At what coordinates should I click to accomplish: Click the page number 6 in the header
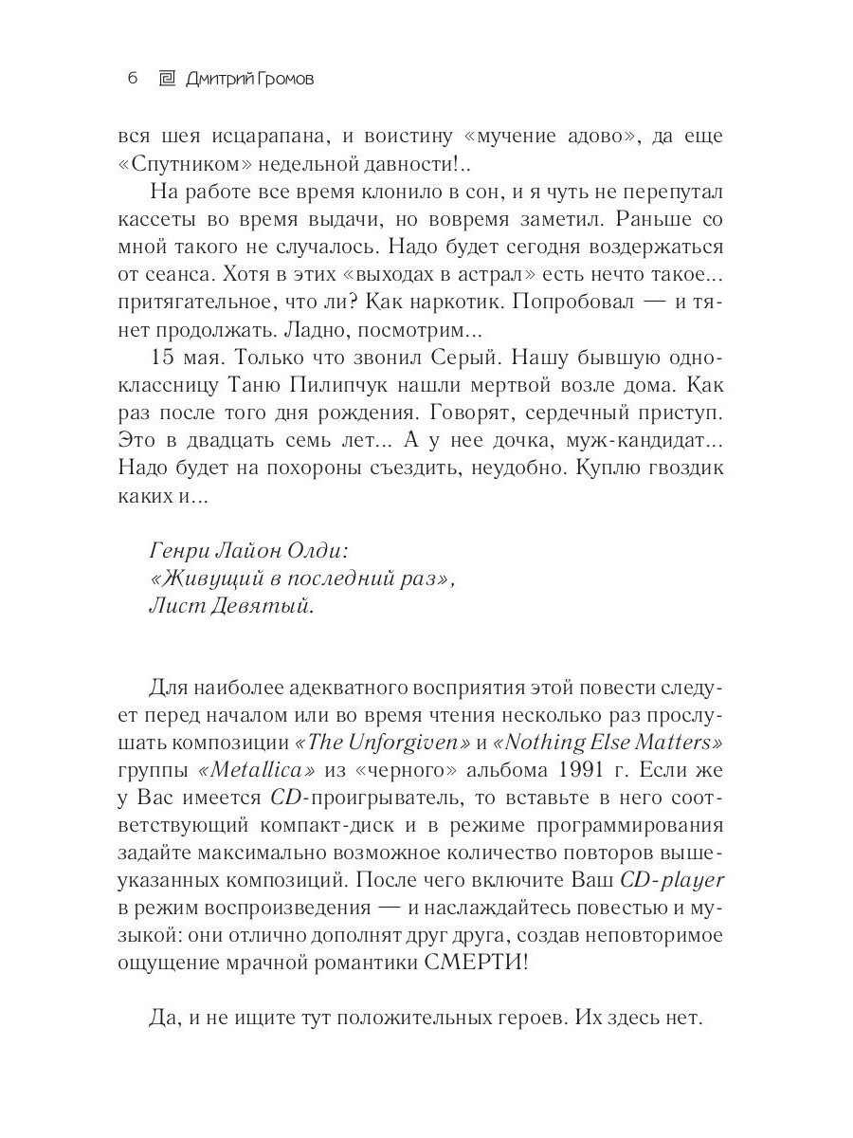(133, 78)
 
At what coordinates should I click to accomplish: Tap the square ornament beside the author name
(166, 78)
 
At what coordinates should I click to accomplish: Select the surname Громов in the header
(279, 78)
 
